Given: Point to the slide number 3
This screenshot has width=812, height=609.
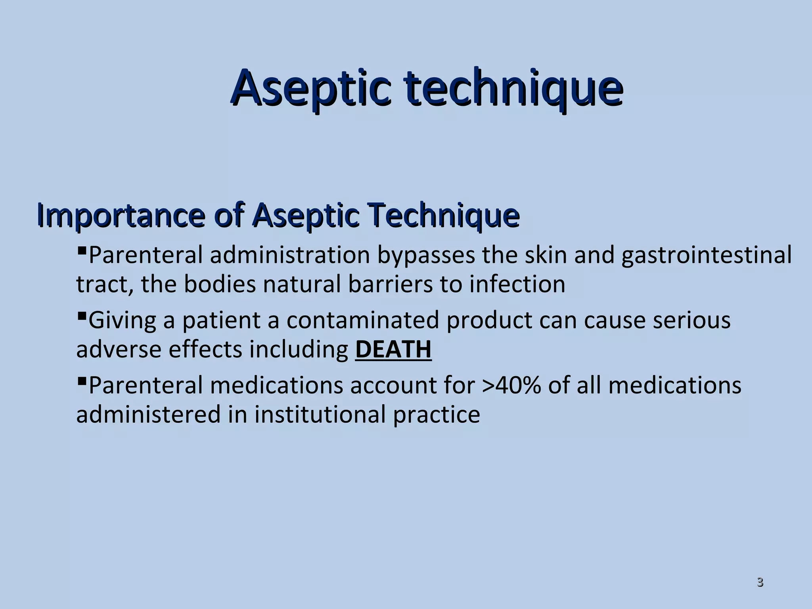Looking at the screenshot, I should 760,582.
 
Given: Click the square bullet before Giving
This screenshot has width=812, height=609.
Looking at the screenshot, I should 82,316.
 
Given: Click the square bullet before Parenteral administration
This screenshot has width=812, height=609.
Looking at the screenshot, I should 82,251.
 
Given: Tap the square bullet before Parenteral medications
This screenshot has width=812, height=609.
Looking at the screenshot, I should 82,381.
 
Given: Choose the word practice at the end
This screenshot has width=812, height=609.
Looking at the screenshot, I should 437,415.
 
